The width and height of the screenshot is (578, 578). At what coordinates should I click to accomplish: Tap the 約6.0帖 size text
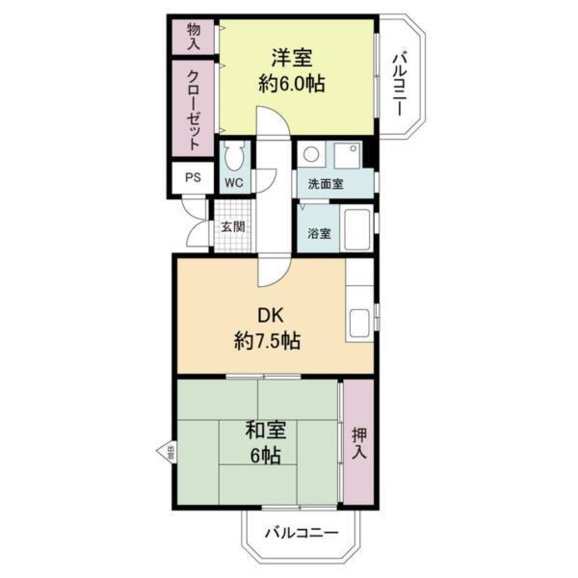click(290, 84)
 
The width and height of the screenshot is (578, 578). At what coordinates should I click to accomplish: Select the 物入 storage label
click(193, 36)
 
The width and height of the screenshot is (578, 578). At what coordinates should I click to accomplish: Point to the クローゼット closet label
click(193, 110)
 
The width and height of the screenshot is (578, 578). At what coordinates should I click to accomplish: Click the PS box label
click(193, 177)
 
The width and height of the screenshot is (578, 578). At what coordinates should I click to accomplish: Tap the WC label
click(233, 181)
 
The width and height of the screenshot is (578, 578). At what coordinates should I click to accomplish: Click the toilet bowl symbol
click(233, 156)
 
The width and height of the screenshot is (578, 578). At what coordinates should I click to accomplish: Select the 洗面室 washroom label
click(326, 183)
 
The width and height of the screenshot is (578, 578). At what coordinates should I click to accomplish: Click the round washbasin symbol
click(310, 154)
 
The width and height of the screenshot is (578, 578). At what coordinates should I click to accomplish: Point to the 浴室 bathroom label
click(319, 233)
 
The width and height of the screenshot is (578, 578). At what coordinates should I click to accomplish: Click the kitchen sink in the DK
click(361, 321)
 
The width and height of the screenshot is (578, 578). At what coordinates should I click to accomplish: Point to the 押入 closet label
click(358, 442)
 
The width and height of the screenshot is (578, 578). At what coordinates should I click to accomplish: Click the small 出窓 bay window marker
click(168, 449)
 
